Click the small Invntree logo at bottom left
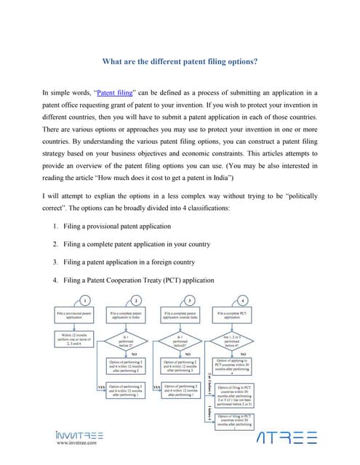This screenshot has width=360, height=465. pyautogui.click(x=79, y=435)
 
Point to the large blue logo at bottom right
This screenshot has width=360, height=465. pyautogui.click(x=288, y=438)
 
